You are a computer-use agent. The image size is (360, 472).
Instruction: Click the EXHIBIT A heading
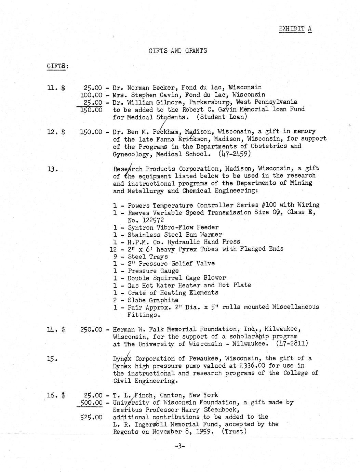(x=295, y=28)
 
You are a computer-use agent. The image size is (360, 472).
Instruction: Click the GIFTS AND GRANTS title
(x=178, y=51)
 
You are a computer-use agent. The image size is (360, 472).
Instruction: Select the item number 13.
(x=51, y=169)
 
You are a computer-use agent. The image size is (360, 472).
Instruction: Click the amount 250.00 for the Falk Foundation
(x=91, y=329)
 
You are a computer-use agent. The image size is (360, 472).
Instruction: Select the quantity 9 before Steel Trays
(x=116, y=257)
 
